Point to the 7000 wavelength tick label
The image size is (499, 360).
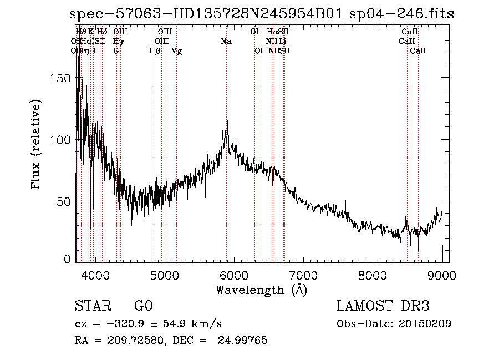(x=303, y=275)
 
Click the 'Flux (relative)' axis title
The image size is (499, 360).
(x=37, y=145)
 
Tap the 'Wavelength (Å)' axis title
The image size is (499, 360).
(x=261, y=290)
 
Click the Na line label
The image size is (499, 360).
(x=226, y=42)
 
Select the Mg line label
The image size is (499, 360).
(x=176, y=51)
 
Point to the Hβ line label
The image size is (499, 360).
(x=155, y=51)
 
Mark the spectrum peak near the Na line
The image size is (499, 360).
(x=227, y=121)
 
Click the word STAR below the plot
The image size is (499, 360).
(x=91, y=306)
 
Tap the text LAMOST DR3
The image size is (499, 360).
(x=383, y=306)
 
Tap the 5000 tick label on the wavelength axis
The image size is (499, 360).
(x=164, y=275)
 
